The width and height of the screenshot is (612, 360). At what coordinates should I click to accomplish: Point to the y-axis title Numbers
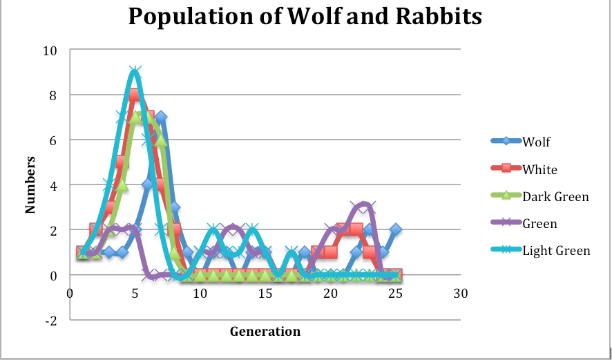click(x=31, y=184)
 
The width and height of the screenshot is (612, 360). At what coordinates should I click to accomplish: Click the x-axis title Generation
click(x=265, y=332)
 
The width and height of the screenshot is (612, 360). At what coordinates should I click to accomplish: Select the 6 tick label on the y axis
click(x=53, y=140)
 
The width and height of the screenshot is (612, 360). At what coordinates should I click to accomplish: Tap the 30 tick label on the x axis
click(x=460, y=293)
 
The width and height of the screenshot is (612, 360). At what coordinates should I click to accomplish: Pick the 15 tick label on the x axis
click(x=265, y=293)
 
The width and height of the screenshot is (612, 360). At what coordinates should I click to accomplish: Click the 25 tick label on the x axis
click(x=395, y=293)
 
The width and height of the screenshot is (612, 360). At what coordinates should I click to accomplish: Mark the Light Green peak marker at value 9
click(x=135, y=73)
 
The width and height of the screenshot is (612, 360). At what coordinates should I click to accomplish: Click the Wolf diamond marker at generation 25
click(x=395, y=230)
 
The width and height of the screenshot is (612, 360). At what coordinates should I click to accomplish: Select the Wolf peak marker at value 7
click(x=161, y=117)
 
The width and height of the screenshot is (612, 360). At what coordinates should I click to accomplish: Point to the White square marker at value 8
click(x=135, y=95)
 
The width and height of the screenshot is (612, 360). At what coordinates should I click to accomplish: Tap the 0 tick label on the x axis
click(x=70, y=293)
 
